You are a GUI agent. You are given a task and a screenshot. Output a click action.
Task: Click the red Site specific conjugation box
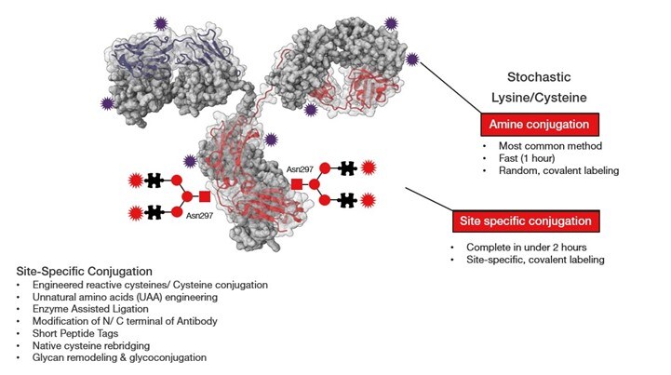tap(527, 221)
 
